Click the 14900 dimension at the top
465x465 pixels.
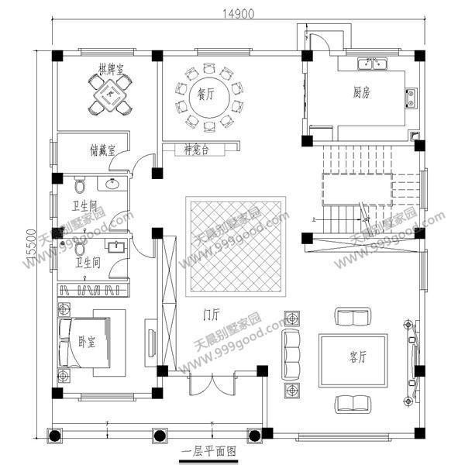tap(237, 13)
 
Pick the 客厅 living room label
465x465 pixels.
tap(357, 357)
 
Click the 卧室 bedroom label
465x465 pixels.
tap(87, 343)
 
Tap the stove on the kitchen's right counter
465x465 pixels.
tap(410, 97)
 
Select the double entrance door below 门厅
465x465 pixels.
tap(211, 385)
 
